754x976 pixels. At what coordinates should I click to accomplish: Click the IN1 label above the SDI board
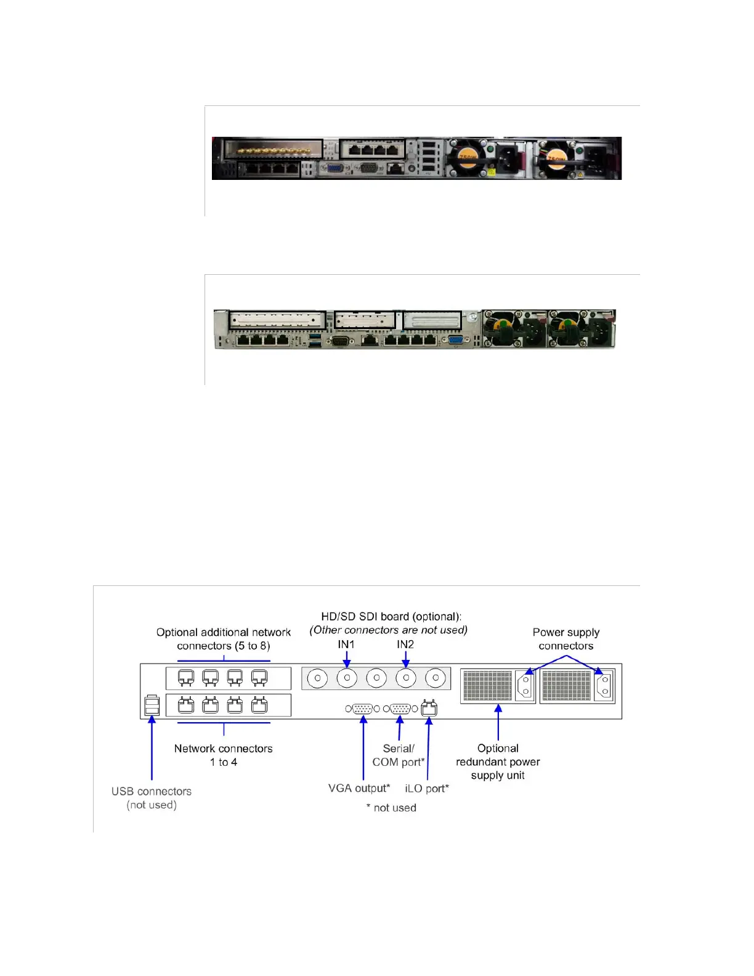346,645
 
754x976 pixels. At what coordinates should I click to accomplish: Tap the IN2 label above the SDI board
405,645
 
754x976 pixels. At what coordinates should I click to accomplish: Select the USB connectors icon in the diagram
152,706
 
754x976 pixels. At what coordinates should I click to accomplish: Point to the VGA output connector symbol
363,709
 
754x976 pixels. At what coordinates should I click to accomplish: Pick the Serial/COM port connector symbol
400,709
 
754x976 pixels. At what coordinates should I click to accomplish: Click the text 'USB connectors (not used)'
152,798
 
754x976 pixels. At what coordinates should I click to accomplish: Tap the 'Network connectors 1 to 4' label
224,755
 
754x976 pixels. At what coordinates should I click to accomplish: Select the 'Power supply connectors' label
566,639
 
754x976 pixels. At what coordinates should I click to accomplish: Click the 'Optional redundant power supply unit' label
498,762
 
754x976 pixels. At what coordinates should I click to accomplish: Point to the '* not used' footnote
391,808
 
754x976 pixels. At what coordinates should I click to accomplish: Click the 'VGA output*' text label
359,789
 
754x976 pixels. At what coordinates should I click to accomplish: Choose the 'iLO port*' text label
427,789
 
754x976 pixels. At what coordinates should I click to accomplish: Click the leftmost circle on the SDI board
317,678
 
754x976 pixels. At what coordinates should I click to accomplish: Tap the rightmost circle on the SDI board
436,678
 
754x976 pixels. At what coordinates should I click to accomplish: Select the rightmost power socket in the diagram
604,686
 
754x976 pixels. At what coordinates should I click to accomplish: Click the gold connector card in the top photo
273,150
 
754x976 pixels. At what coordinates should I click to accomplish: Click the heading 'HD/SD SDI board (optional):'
391,617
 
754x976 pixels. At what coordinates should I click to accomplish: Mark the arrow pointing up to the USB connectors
152,746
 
